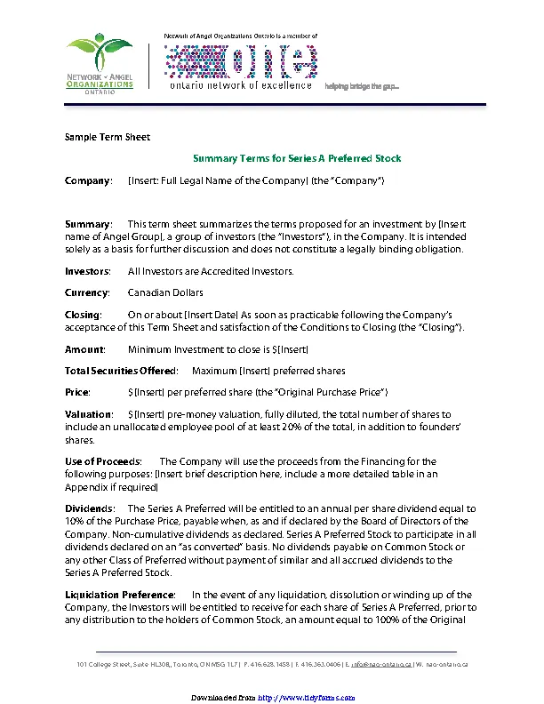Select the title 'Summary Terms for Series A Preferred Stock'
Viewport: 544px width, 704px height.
pos(297,158)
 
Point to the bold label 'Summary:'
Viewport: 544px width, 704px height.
pos(89,223)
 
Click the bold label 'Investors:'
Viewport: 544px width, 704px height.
pos(88,270)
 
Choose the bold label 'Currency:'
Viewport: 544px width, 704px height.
pos(87,292)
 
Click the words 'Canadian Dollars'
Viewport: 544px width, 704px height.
pos(165,292)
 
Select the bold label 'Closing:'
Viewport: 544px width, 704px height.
pos(84,315)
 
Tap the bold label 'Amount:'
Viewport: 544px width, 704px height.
pos(85,349)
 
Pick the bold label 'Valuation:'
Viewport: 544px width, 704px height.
pos(89,414)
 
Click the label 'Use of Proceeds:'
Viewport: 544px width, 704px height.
pos(103,461)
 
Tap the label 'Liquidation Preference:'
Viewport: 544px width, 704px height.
pos(120,593)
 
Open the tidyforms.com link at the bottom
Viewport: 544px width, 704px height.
pos(305,698)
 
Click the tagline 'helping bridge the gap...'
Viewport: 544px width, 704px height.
pos(362,86)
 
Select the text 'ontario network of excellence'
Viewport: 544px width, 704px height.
pos(241,85)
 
